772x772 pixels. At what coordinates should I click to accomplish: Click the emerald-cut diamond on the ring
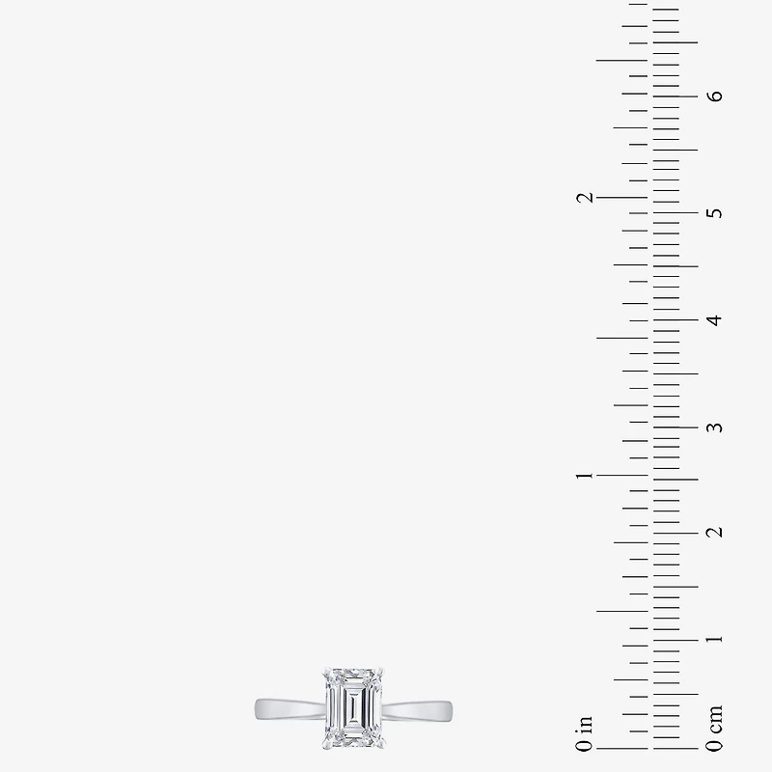(x=353, y=709)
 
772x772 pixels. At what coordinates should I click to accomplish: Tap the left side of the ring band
(x=290, y=709)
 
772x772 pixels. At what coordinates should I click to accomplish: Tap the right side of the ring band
(x=418, y=712)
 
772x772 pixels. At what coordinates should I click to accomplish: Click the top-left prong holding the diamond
(x=326, y=672)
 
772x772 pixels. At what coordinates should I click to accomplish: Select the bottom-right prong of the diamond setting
(x=380, y=745)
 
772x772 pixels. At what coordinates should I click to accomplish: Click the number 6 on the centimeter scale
(x=715, y=96)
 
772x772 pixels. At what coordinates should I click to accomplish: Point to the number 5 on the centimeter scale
(x=715, y=213)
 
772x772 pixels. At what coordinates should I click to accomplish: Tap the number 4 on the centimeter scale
(x=715, y=320)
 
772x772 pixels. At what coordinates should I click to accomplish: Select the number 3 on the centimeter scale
(x=715, y=427)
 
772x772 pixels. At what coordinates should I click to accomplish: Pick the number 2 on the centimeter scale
(x=715, y=533)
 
